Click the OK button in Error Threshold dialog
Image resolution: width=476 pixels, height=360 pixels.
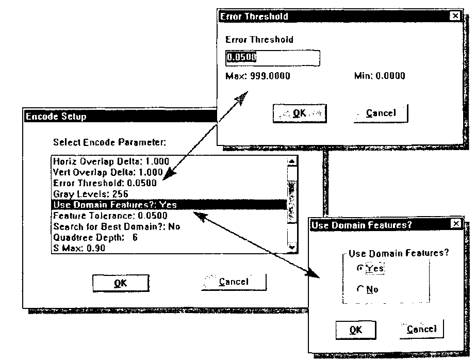(x=300, y=113)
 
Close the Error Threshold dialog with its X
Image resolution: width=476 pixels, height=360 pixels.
(x=455, y=16)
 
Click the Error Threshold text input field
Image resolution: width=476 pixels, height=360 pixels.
(x=273, y=58)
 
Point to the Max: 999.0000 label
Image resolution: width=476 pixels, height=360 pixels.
(x=257, y=76)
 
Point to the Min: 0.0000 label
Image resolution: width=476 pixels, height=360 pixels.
(x=380, y=76)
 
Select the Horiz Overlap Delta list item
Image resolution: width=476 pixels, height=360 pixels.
(x=111, y=161)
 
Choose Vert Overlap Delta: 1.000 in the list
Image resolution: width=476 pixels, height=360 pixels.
(x=108, y=172)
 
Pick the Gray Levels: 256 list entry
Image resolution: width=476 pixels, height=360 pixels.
(x=90, y=194)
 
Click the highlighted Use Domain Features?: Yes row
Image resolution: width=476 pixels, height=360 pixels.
(x=169, y=205)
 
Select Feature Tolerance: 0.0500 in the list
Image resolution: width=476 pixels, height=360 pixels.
(x=110, y=216)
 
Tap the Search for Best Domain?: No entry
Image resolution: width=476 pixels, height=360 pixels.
(x=117, y=226)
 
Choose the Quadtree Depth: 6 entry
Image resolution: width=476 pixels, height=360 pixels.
(x=95, y=237)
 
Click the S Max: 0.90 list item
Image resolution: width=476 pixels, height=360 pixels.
(x=79, y=248)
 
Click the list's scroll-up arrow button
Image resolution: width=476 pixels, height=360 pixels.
(x=292, y=161)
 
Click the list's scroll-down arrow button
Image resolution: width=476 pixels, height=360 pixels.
(x=292, y=248)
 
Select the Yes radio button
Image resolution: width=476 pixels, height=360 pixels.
(x=360, y=268)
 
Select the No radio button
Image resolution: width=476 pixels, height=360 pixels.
(x=360, y=289)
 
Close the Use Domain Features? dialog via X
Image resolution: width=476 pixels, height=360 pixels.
(x=456, y=224)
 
